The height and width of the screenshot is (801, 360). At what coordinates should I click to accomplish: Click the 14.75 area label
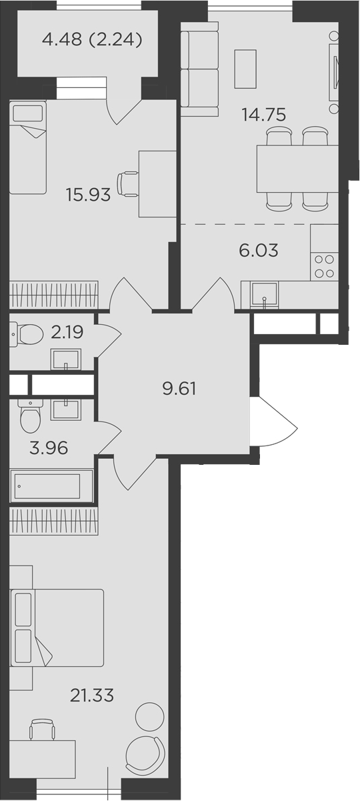(264, 115)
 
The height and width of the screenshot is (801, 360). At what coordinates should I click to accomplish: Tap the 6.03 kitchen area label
(259, 250)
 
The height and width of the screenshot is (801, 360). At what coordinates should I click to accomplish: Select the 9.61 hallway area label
(179, 389)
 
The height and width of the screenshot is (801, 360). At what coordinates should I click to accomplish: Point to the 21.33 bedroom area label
(92, 695)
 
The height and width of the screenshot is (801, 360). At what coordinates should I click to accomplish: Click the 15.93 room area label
(88, 195)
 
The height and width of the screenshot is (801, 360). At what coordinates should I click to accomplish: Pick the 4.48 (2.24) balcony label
(92, 40)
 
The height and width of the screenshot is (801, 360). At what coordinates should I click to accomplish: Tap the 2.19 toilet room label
(67, 332)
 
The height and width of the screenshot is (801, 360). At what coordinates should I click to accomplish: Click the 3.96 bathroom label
(49, 448)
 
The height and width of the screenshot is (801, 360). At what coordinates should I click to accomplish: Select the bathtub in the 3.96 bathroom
(52, 486)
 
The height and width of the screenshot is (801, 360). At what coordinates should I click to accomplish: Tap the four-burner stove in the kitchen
(324, 266)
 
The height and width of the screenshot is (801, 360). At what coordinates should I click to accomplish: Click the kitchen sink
(264, 295)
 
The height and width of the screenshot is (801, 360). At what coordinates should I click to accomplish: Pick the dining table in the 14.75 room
(297, 169)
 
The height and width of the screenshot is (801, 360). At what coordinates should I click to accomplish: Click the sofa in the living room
(199, 69)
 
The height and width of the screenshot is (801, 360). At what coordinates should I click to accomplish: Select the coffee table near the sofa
(245, 69)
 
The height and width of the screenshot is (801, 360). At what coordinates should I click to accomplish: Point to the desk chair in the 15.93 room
(128, 184)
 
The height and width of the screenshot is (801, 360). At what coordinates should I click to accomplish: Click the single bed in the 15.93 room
(28, 147)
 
